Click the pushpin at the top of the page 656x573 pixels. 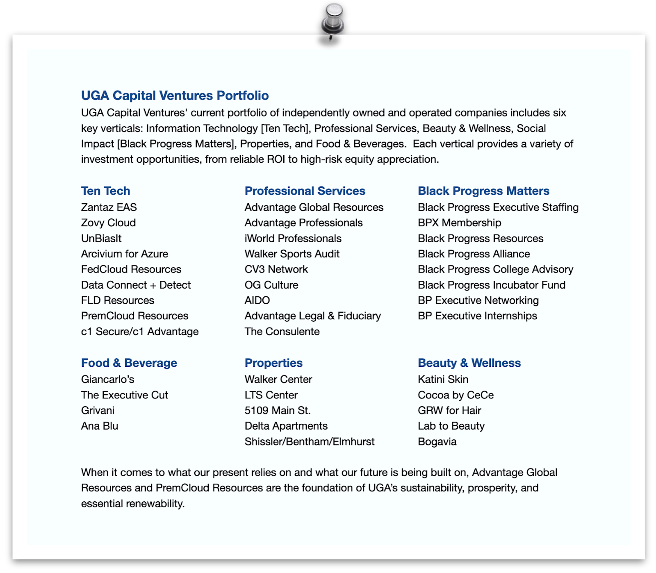pos(333,20)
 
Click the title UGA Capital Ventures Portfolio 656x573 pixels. pos(175,95)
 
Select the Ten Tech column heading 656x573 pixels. pos(105,191)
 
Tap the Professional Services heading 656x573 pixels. pos(305,191)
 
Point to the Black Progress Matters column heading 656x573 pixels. pos(483,191)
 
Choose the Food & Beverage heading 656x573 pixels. pos(129,363)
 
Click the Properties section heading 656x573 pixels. pos(273,363)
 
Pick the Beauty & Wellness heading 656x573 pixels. pos(469,363)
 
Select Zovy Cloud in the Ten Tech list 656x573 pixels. pos(108,223)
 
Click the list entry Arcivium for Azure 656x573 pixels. pos(124,254)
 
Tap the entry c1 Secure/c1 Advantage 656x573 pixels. pos(139,332)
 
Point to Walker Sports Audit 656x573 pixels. pos(292,254)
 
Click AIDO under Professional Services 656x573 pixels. pos(257,300)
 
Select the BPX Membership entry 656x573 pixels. pos(459,223)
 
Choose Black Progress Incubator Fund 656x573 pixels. pos(491,285)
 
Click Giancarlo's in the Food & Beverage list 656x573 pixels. pos(107,380)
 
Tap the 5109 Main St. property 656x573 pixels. pos(277,411)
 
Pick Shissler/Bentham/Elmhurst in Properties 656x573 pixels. pos(309,442)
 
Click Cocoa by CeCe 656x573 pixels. pos(456,395)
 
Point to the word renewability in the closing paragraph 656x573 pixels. pos(155,504)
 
